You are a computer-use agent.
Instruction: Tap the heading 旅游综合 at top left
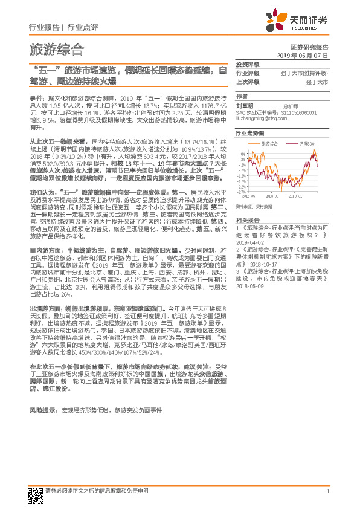[57, 49]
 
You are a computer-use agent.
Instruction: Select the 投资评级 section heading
[246, 65]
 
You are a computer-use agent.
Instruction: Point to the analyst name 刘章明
[245, 105]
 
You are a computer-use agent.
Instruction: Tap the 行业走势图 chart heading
[249, 131]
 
